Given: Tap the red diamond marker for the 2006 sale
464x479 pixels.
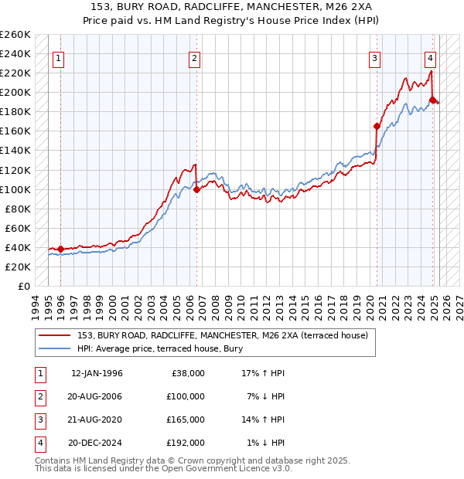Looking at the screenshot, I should coord(196,189).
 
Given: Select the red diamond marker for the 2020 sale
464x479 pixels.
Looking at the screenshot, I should coord(377,126).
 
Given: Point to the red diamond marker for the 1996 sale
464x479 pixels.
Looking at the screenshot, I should coord(60,249).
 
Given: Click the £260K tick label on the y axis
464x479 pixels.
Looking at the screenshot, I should coord(15,35).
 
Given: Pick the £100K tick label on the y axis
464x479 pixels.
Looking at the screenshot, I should coord(15,189).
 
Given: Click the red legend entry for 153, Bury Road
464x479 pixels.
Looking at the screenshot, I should coord(227,335).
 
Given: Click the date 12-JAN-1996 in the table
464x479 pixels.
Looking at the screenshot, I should coord(97,373).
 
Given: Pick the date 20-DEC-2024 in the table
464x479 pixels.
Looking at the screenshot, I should coord(97,443).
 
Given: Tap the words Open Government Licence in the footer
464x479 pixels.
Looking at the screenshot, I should coord(230,468).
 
